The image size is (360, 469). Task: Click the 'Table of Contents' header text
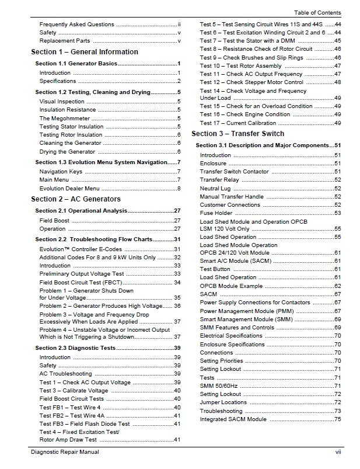pos(317,13)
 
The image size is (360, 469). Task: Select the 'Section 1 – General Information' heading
pos(85,52)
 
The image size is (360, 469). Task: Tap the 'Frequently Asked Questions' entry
pos(76,25)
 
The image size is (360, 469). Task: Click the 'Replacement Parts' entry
pos(64,41)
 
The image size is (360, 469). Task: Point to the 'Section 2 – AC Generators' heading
pos(76,199)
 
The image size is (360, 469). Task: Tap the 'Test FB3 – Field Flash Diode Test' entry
pos(85,423)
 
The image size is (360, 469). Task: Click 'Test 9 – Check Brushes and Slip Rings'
pos(252,58)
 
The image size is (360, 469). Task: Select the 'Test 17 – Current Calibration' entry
pos(239,123)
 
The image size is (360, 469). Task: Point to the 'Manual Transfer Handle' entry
pos(232,197)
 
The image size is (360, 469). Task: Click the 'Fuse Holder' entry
pos(216,213)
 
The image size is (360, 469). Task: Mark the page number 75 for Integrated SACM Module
pos(337,419)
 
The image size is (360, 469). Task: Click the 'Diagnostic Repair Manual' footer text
pos(65,452)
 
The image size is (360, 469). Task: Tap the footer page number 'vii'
pos(337,452)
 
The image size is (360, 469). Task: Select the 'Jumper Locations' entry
pos(223,402)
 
